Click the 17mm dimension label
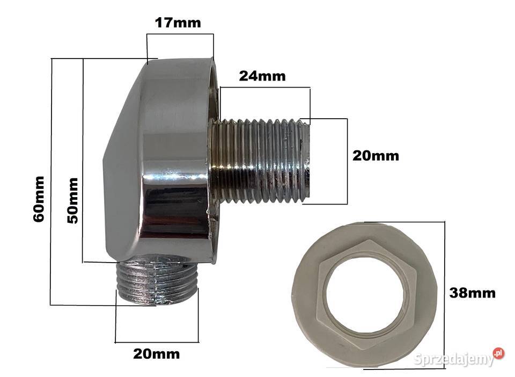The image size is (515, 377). click(178, 23)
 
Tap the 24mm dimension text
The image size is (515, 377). click(262, 76)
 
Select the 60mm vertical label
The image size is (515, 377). click(39, 199)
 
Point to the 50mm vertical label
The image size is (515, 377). click(72, 200)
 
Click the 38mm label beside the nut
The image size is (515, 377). click(472, 293)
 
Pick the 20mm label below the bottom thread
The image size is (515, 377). click(156, 354)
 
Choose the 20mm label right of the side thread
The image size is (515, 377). click(376, 156)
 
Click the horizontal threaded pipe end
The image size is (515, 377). click(260, 161)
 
